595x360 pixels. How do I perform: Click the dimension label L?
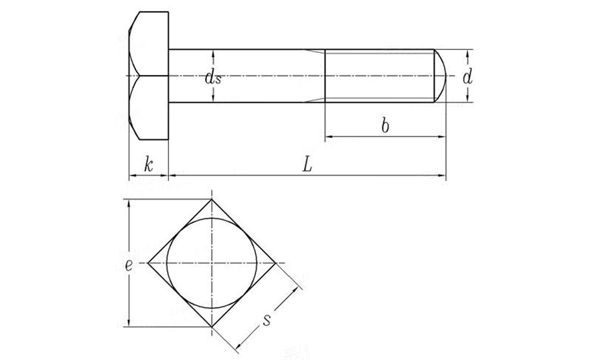[x=306, y=165]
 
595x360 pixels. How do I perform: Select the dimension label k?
[x=149, y=165]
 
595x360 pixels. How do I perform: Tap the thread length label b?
[x=385, y=126]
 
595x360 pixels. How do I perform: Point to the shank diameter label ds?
[x=213, y=77]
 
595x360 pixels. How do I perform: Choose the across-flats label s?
[x=267, y=320]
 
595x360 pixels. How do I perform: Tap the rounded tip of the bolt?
[x=440, y=76]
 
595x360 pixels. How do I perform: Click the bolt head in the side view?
[x=149, y=76]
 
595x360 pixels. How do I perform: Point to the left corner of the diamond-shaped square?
[x=148, y=262]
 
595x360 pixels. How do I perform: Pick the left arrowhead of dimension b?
[x=328, y=137]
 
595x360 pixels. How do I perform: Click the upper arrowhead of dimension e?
[x=129, y=203]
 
